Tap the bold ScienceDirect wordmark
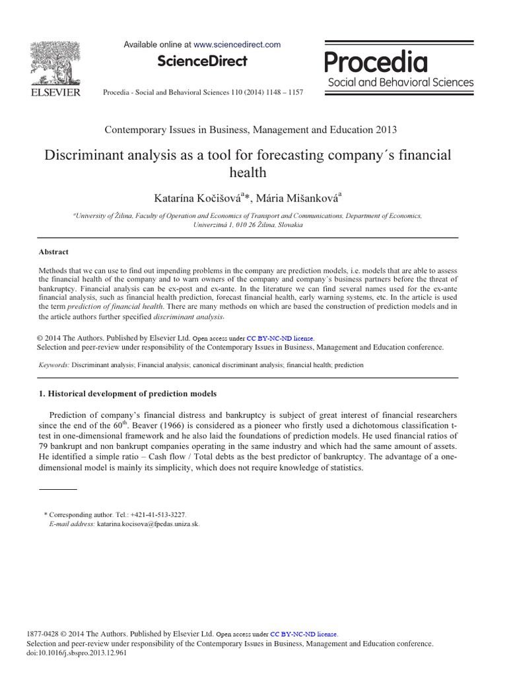[202, 61]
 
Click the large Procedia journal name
[376, 63]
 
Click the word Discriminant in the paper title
[82, 156]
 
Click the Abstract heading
[53, 252]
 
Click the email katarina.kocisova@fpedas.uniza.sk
[148, 524]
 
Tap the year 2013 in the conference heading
[385, 129]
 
